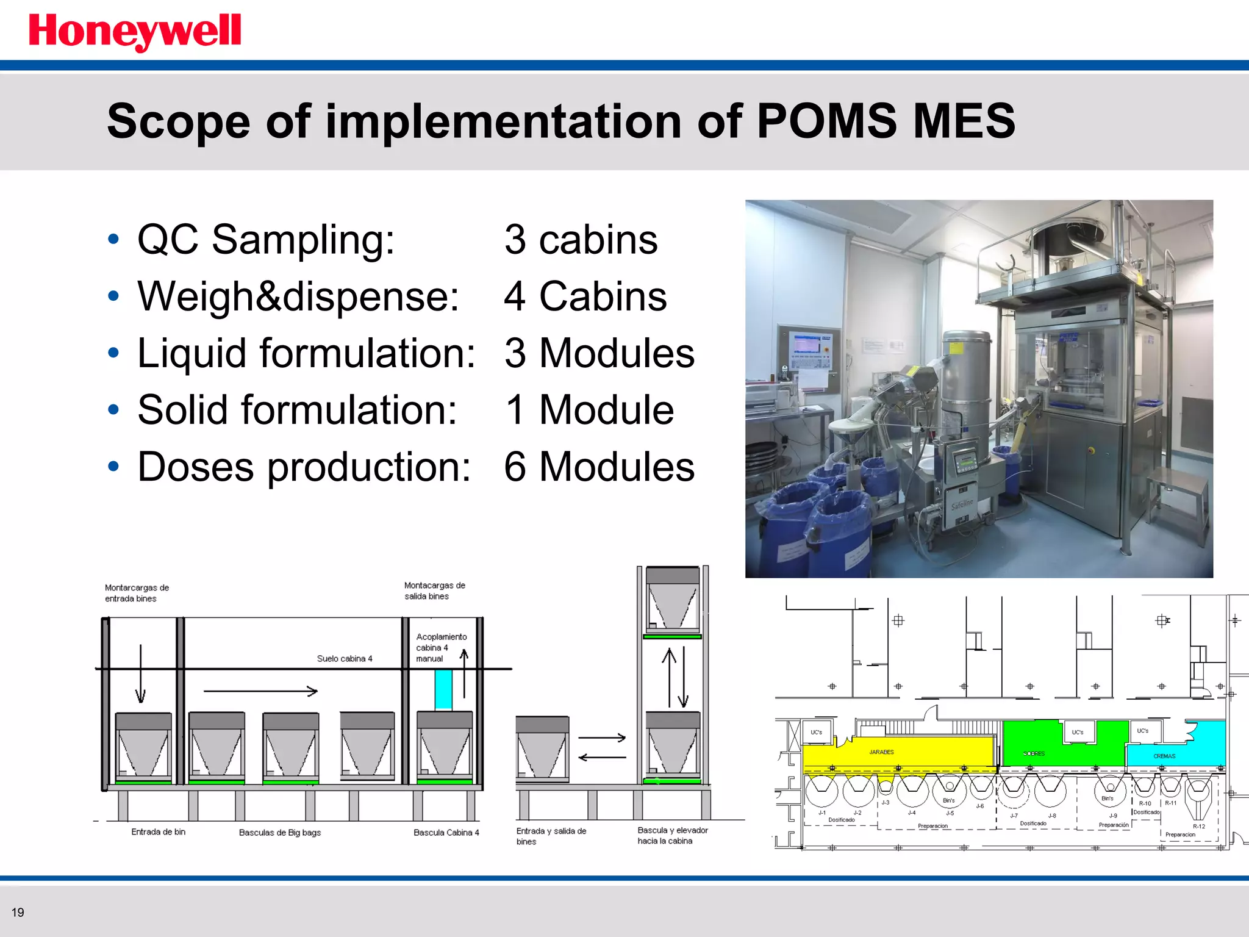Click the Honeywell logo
(x=135, y=32)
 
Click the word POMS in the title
(x=826, y=121)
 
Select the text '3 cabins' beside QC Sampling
(x=581, y=239)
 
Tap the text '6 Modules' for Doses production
(x=599, y=467)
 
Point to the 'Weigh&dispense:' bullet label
(x=298, y=296)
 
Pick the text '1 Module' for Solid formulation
(x=589, y=409)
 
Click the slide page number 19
(x=18, y=913)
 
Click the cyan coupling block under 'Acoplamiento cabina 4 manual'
(x=443, y=690)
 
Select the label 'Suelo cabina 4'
(x=344, y=659)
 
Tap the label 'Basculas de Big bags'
(x=279, y=833)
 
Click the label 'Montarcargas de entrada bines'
(x=137, y=593)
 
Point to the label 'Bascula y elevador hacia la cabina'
(x=672, y=836)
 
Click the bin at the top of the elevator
(x=673, y=601)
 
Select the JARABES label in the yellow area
(x=881, y=752)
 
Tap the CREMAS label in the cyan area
(x=1164, y=756)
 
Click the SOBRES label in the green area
(x=1034, y=754)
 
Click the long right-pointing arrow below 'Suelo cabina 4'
(x=260, y=691)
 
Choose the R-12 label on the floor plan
(x=1198, y=827)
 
